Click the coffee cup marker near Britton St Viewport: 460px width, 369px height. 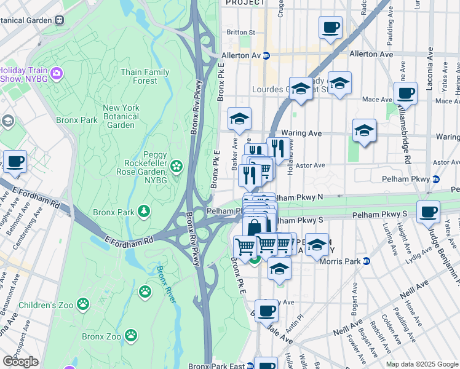(x=330, y=28)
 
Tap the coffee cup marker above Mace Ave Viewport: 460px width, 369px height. (x=405, y=94)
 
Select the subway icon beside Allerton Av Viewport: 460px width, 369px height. (x=266, y=55)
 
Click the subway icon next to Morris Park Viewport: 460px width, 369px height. (x=367, y=261)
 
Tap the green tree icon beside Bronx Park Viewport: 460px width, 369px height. (x=144, y=212)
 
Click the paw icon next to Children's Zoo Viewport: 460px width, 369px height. (x=82, y=304)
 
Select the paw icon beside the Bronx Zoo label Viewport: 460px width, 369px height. (x=131, y=335)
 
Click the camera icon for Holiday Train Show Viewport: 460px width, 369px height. (x=57, y=74)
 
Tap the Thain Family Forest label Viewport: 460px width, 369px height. (x=145, y=76)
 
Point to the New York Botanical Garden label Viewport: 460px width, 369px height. (x=121, y=116)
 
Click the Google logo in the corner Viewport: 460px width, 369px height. (x=20, y=362)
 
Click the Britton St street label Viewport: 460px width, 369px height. (x=240, y=32)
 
